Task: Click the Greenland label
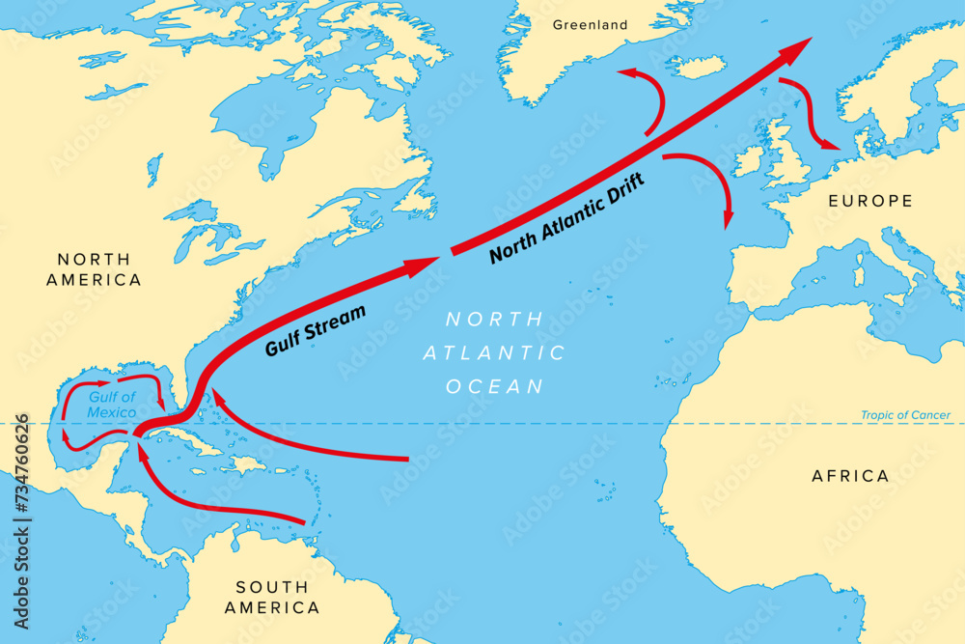point(590,25)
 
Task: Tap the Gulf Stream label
point(316,330)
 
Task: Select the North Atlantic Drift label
point(566,221)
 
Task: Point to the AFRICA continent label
point(850,476)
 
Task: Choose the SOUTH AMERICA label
point(272,598)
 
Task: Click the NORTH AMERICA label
point(99,269)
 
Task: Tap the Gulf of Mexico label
point(112,405)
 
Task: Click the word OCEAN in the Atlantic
point(495,386)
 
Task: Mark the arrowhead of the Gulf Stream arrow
point(425,264)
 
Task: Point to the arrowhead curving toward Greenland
point(626,71)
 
